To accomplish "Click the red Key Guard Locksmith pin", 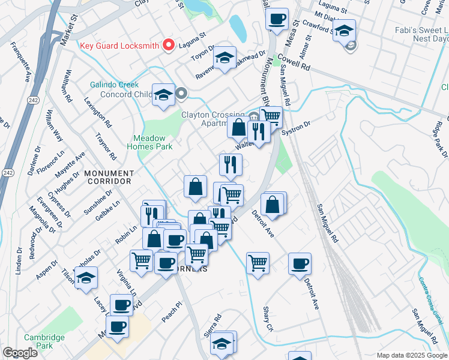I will click(x=169, y=46).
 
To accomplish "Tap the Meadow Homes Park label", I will click(x=153, y=142).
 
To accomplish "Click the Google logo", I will click(x=20, y=353).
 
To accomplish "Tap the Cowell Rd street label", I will click(x=297, y=64).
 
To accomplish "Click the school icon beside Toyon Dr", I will click(x=224, y=58).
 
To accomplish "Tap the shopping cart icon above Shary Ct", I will click(x=258, y=262).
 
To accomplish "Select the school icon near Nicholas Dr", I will click(x=86, y=278).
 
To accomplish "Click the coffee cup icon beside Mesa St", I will click(x=277, y=19).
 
